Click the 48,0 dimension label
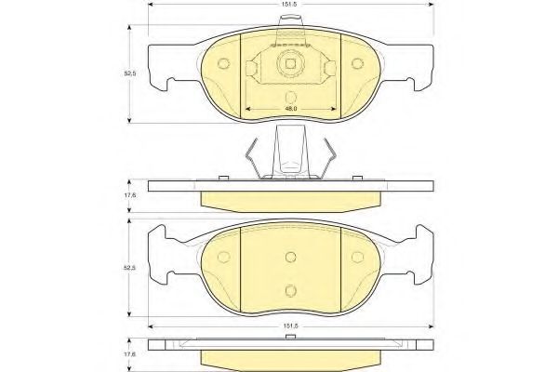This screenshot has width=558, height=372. tap(290, 110)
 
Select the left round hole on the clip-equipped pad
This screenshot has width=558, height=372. tap(221, 64)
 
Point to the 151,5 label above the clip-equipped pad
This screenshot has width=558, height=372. tap(290, 14)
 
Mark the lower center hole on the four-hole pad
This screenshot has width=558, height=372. tap(290, 289)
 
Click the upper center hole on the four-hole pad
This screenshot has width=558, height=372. tap(290, 258)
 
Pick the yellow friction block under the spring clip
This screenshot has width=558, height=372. tap(290, 199)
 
